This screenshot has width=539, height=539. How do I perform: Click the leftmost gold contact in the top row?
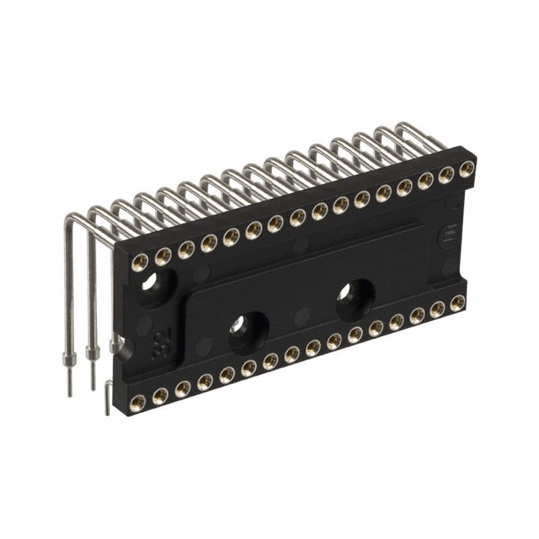coord(142,259)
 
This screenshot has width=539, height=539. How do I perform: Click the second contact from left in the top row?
coord(163,255)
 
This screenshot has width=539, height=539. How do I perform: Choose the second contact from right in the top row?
coord(446,175)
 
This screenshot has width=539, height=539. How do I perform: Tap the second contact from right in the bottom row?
coord(438,309)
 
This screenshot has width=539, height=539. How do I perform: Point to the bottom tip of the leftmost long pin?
coord(69,393)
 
